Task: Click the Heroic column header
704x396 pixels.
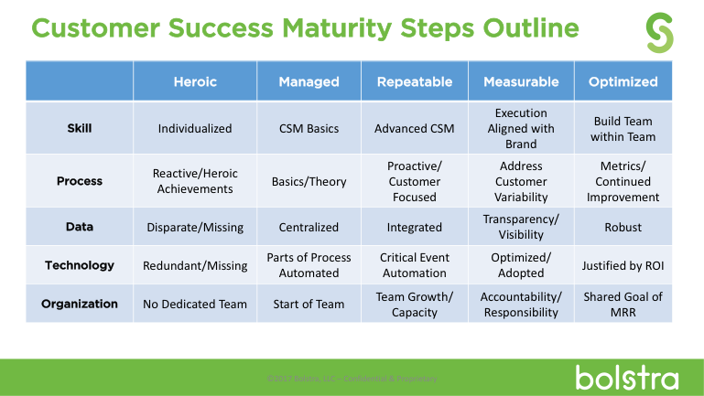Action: tap(195, 81)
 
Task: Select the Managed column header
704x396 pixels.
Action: tap(309, 81)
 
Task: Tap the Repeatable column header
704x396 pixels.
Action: tap(415, 81)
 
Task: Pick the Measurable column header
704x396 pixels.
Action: tap(521, 81)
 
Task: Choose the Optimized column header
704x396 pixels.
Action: tap(623, 81)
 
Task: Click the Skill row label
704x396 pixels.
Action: tap(80, 128)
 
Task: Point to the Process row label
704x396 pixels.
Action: tap(80, 181)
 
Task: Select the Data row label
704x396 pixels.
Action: tap(80, 227)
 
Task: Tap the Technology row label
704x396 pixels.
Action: tap(80, 265)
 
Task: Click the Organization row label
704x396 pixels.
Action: tap(80, 304)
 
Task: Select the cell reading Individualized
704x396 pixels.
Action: tap(195, 129)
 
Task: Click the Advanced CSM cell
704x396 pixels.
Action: tap(415, 129)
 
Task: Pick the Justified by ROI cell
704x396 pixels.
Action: tap(623, 266)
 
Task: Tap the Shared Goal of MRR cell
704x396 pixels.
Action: tap(623, 304)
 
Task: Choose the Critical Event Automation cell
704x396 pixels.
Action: tap(415, 265)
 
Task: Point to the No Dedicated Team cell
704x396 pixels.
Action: tap(195, 305)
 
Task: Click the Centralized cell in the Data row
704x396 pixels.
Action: tap(309, 228)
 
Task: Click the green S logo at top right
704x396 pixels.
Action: tap(659, 32)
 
